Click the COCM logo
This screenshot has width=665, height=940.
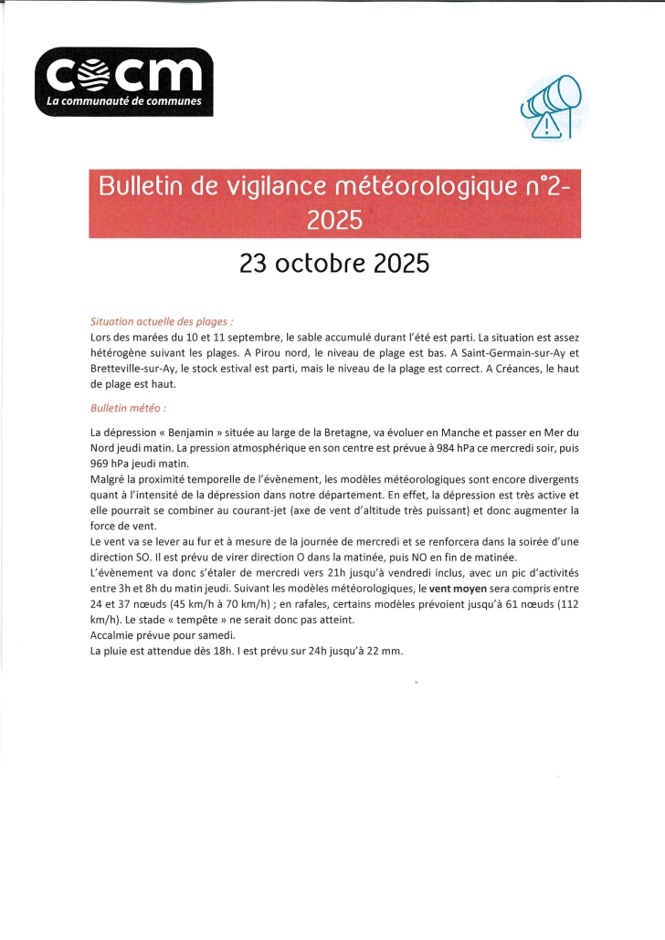coord(123,81)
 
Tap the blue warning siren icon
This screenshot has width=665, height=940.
coord(551,105)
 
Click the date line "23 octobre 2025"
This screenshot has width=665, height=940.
coord(333,264)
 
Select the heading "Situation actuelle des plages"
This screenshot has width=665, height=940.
coord(162,321)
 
